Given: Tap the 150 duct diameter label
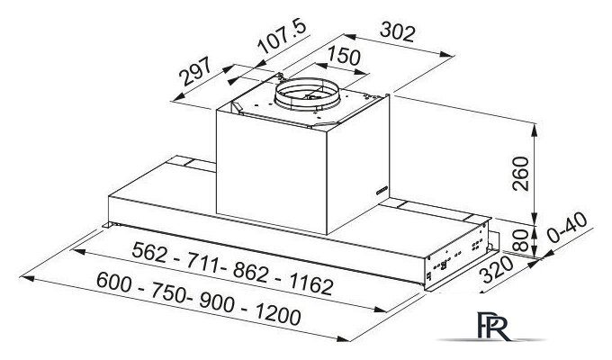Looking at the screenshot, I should pyautogui.click(x=343, y=58).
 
